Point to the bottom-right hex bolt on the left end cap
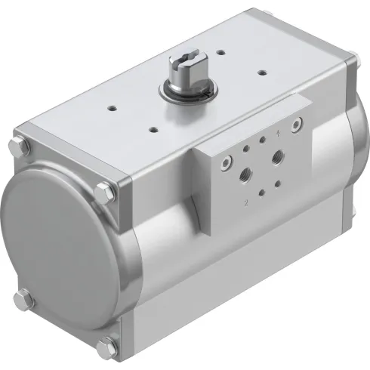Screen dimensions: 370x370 109,347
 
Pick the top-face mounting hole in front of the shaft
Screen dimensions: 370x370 155,125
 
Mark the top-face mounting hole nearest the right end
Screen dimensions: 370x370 263,72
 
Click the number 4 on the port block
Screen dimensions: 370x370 279,134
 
